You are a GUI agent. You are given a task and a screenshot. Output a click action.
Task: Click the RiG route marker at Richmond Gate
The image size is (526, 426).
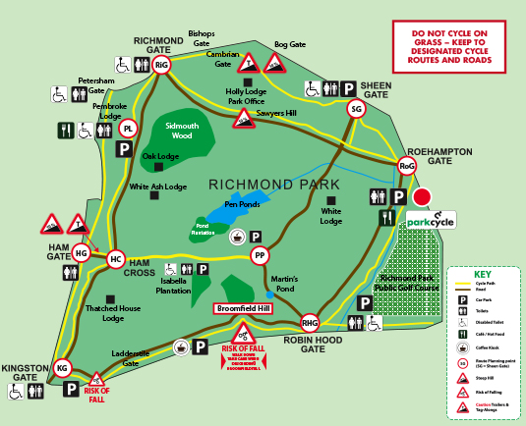tap(162, 65)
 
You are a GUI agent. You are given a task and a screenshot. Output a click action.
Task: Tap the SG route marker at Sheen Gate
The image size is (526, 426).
tap(356, 110)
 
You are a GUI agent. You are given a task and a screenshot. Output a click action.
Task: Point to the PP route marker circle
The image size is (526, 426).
tap(260, 256)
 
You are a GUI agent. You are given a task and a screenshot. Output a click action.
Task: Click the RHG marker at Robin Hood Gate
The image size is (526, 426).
tap(311, 324)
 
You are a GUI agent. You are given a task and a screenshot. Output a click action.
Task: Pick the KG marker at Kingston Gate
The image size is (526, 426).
tap(63, 369)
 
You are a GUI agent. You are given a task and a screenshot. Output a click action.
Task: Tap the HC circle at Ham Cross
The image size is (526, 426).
tap(116, 259)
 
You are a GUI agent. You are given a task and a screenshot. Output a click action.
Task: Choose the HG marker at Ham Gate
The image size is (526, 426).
tap(82, 253)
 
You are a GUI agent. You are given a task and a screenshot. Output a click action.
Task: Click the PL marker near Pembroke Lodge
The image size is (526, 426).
tap(128, 129)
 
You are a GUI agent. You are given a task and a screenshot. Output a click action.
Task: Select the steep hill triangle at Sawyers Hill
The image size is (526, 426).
tap(242, 120)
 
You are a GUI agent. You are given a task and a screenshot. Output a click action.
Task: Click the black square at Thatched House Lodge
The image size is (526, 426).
tap(107, 298)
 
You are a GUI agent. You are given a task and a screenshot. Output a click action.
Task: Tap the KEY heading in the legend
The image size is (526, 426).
tap(483, 276)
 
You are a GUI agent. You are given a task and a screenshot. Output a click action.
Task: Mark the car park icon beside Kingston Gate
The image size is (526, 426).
tap(71, 390)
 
